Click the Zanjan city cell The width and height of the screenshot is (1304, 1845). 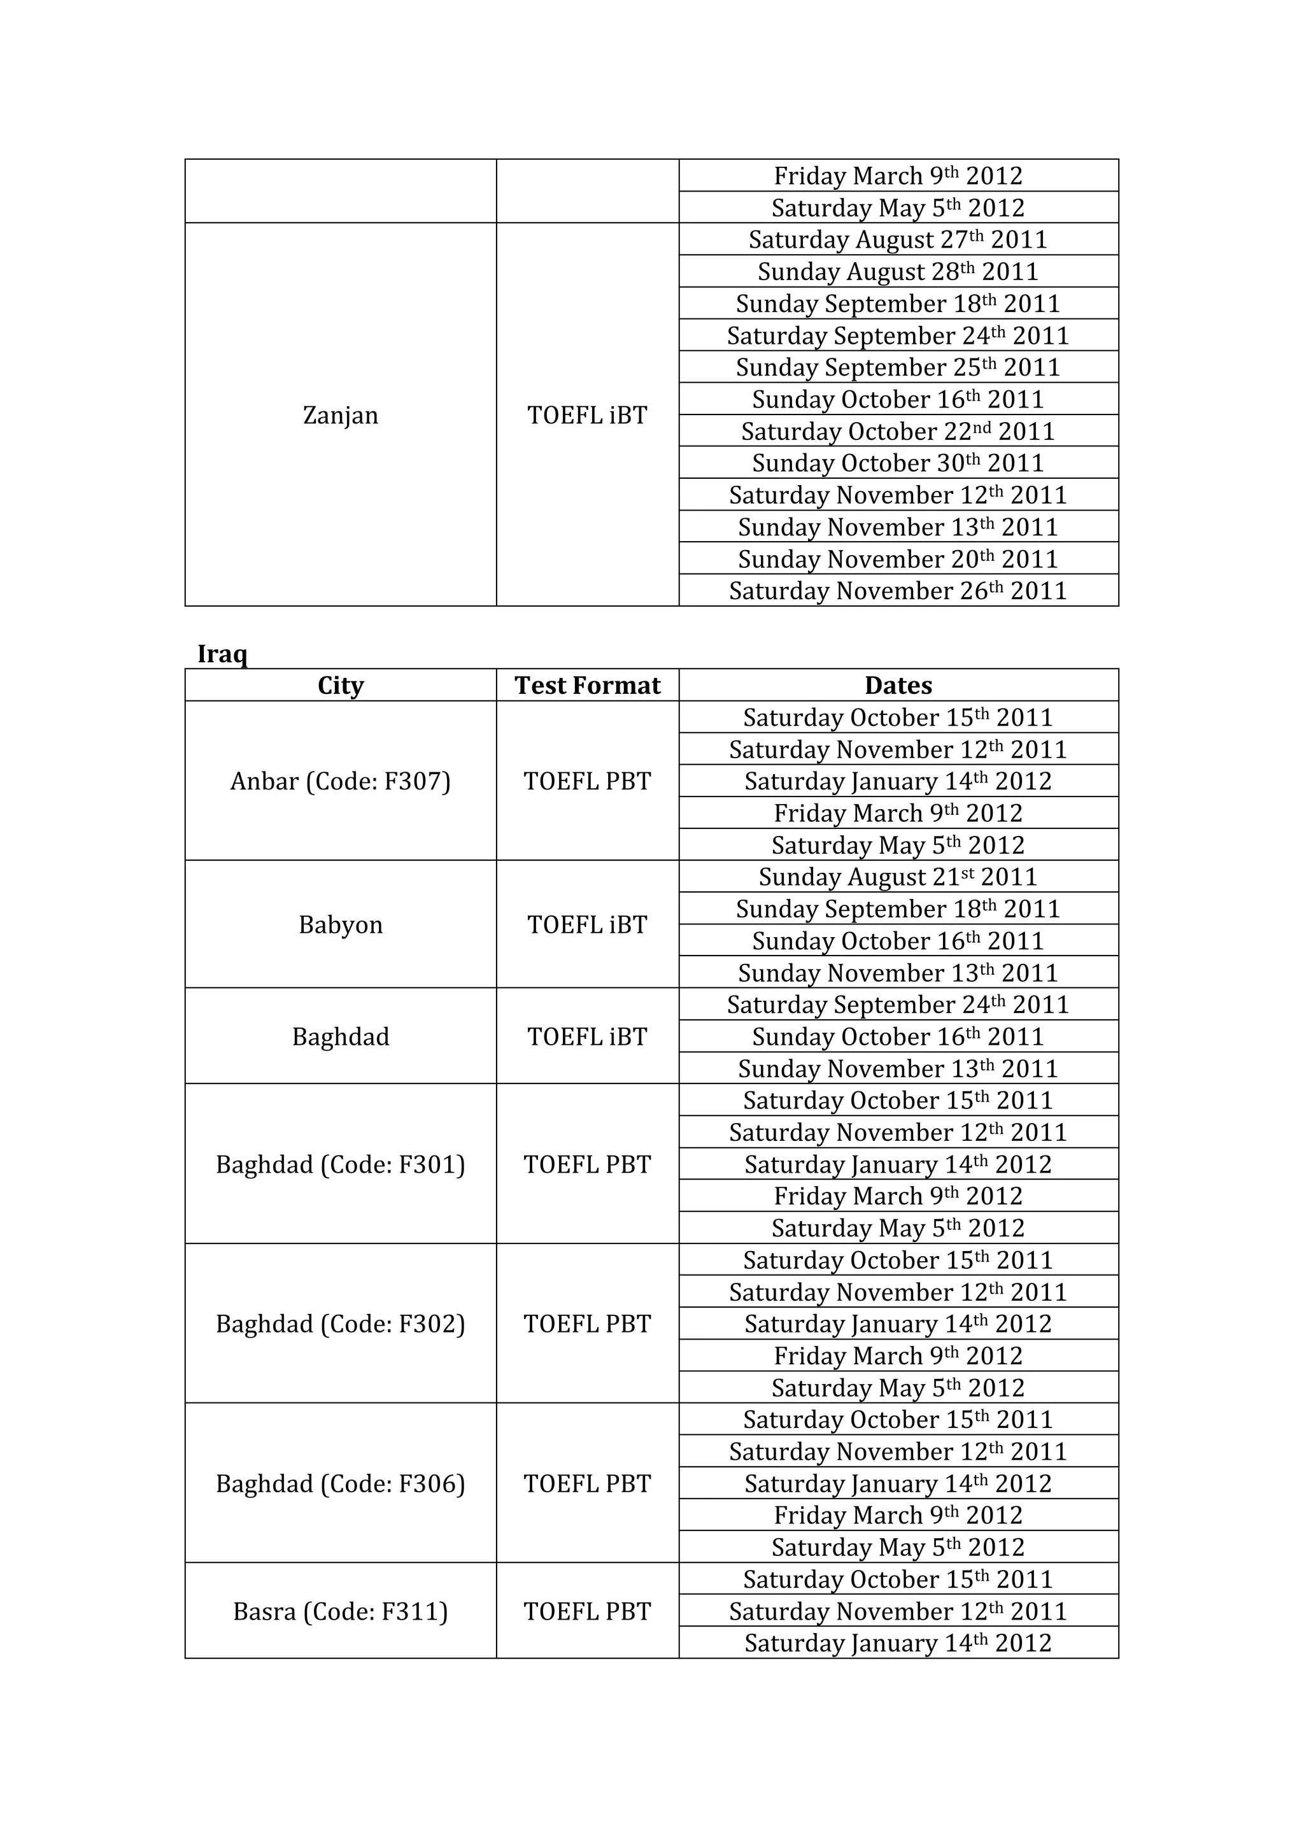pyautogui.click(x=340, y=416)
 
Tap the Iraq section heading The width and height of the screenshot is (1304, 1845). pyautogui.click(x=223, y=653)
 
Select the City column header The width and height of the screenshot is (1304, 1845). pyautogui.click(x=340, y=686)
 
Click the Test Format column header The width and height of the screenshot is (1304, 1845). pyautogui.click(x=587, y=686)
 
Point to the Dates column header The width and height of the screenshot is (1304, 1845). pyautogui.click(x=898, y=686)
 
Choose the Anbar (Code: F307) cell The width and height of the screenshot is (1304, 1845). pyautogui.click(x=340, y=781)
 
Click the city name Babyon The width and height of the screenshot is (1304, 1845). pyautogui.click(x=340, y=925)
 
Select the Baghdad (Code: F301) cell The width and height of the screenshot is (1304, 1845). pyautogui.click(x=340, y=1164)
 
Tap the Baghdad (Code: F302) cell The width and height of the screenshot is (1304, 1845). pyautogui.click(x=340, y=1324)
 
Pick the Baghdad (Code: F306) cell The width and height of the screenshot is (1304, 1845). pyautogui.click(x=340, y=1484)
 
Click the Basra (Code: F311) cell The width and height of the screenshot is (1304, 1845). pyautogui.click(x=340, y=1612)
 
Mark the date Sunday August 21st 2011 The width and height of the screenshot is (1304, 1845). pyautogui.click(x=898, y=877)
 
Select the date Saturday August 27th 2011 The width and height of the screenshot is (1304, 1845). pyautogui.click(x=898, y=239)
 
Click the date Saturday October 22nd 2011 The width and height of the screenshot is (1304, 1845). pyautogui.click(x=898, y=432)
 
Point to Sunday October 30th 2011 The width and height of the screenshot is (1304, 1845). pyautogui.click(x=898, y=463)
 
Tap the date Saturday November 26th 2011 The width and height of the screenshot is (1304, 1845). pyautogui.click(x=898, y=591)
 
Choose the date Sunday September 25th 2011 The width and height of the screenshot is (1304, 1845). pyautogui.click(x=898, y=367)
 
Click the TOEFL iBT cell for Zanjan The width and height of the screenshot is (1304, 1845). pyautogui.click(x=587, y=416)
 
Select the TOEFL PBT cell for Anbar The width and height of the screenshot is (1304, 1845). pyautogui.click(x=587, y=781)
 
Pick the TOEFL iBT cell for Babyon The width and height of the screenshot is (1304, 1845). pyautogui.click(x=587, y=925)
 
